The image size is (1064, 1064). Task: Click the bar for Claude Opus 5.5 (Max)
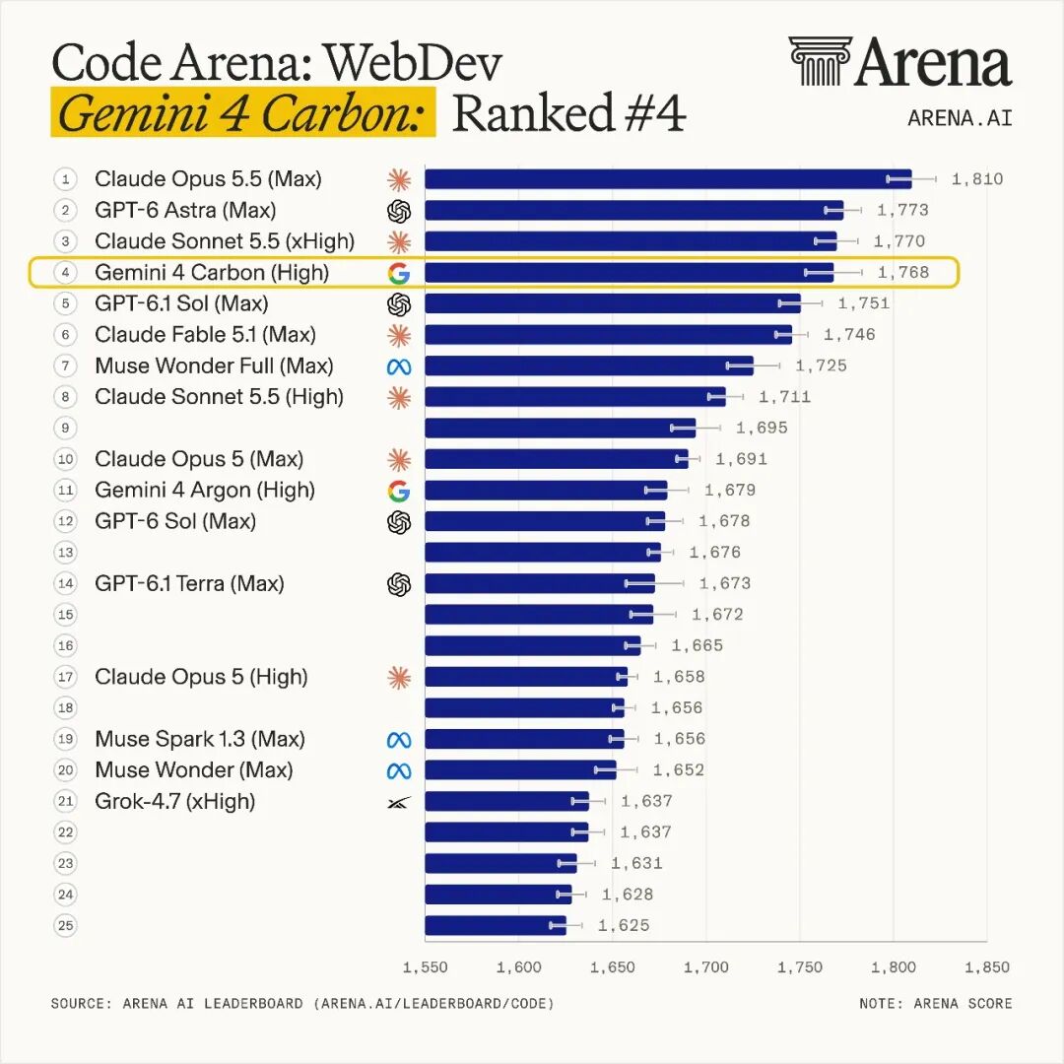coord(668,179)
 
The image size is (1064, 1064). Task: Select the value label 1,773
coord(902,211)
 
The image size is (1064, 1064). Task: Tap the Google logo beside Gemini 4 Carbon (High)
coord(399,273)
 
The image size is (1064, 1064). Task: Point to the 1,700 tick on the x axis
coord(706,967)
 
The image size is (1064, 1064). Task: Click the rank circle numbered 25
coord(65,925)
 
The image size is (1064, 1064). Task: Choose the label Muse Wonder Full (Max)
coord(215,366)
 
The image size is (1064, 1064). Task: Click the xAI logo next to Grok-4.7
coord(399,803)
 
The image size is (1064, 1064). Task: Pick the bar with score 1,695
coord(561,429)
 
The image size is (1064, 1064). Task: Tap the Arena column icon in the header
coord(819,61)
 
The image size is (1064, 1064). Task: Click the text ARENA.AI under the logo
coord(960,118)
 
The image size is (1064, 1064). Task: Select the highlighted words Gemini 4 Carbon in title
coord(242,112)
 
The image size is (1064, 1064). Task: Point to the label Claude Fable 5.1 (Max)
coord(206,335)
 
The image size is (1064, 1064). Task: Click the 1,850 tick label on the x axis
coord(987,967)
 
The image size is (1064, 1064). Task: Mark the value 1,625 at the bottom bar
coord(624,925)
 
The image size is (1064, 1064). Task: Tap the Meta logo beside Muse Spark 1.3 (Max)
coord(399,740)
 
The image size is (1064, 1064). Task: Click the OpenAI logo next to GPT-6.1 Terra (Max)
coord(399,584)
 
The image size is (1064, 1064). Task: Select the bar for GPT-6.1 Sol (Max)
coord(613,303)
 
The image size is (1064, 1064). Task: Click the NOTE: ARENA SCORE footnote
coord(936,1004)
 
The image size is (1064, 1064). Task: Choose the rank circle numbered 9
coord(65,429)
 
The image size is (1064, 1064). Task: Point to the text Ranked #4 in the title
coord(568,112)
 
